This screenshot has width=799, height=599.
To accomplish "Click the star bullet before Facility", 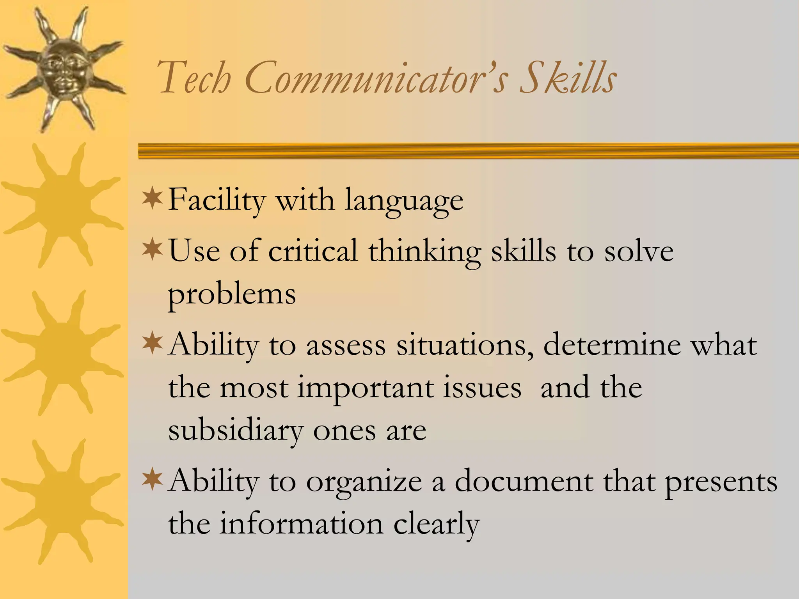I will click(152, 198).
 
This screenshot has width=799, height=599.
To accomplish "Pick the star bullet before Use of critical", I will click(152, 250).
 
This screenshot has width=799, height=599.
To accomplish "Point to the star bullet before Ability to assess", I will click(152, 343).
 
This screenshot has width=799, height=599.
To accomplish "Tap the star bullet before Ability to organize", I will click(152, 480).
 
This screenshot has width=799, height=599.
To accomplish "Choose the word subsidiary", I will click(236, 431).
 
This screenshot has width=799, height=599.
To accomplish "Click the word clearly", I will click(436, 525).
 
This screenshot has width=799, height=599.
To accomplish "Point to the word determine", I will click(611, 345).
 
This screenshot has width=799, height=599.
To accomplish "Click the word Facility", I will click(217, 201).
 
